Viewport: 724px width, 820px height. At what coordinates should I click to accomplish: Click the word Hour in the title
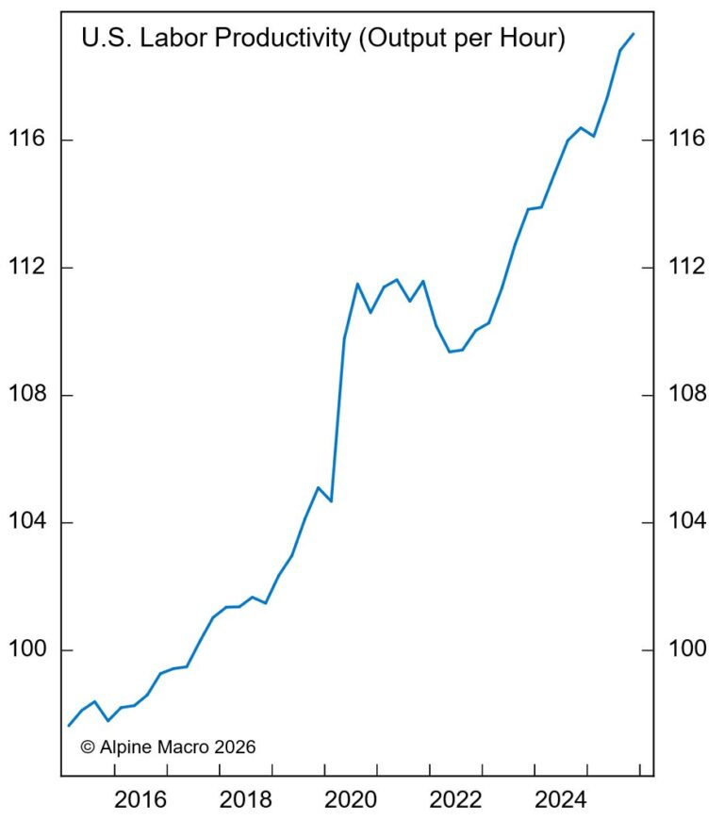pyautogui.click(x=533, y=40)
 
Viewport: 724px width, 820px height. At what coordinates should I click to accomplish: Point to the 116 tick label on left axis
pyautogui.click(x=27, y=139)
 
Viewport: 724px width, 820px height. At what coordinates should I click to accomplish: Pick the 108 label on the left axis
pyautogui.click(x=27, y=395)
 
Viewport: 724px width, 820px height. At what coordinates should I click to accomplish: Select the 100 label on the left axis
pyautogui.click(x=27, y=650)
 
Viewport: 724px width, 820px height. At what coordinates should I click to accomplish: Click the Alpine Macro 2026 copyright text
pyautogui.click(x=168, y=746)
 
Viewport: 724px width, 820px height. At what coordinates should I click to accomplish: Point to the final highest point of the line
pyautogui.click(x=633, y=34)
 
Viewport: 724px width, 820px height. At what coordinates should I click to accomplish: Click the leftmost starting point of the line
pyautogui.click(x=68, y=725)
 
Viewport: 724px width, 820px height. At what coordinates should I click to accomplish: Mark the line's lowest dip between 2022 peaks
pyautogui.click(x=450, y=352)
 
